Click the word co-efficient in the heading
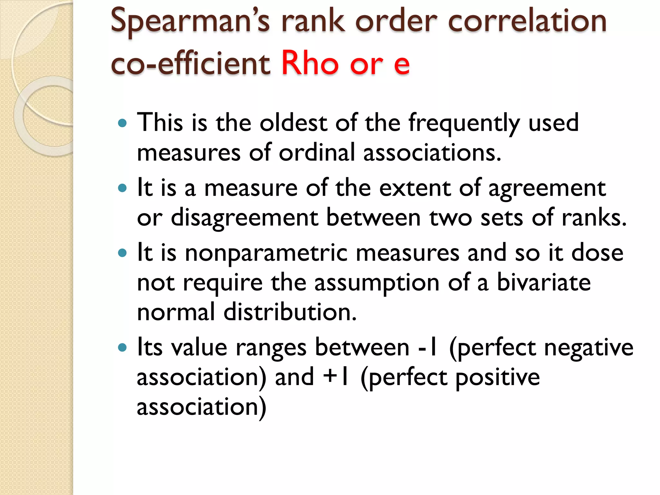coord(190,63)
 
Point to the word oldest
coord(293,123)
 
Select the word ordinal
coord(316,152)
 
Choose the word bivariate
coord(544,282)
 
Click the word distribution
coord(290,312)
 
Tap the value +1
coord(336,377)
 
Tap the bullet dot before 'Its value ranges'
coord(122,348)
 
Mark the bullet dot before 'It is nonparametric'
coord(122,253)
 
